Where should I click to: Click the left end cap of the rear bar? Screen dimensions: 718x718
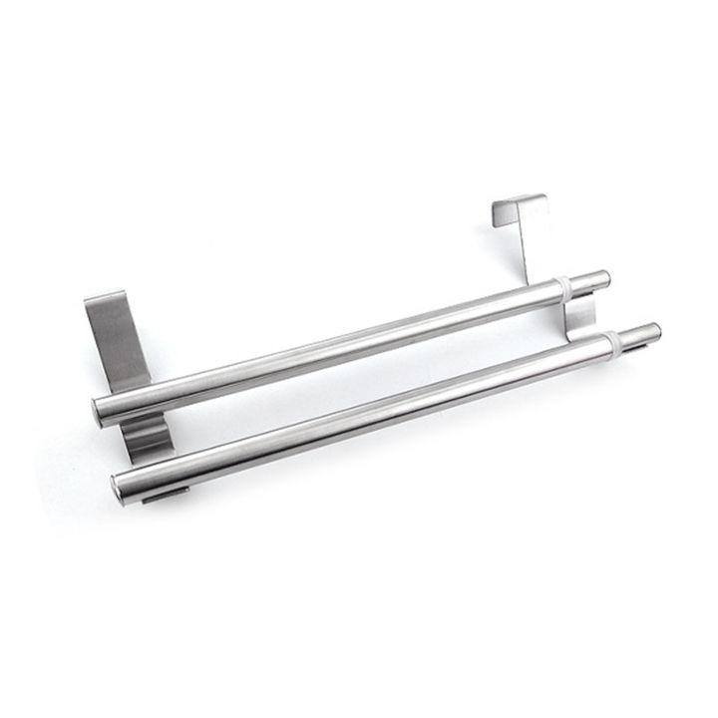point(100,411)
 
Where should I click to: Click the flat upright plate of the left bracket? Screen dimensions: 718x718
point(118,339)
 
